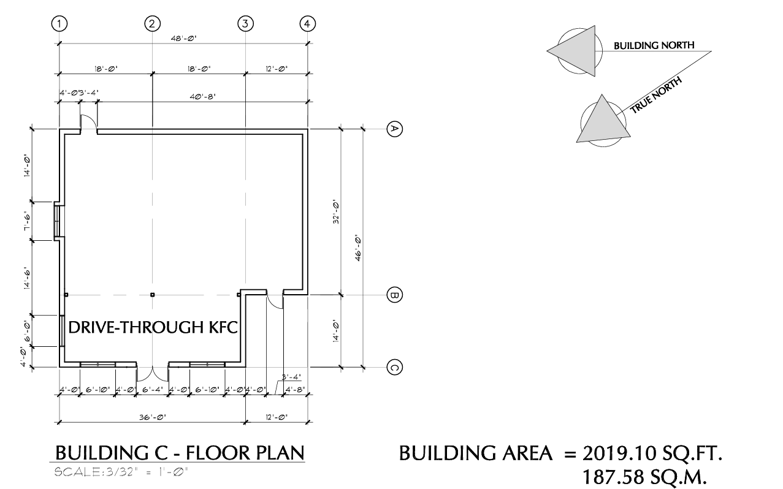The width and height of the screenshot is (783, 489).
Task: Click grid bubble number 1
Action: click(59, 24)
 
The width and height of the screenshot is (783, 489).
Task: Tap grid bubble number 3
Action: click(245, 24)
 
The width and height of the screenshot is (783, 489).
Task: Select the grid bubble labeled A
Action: click(395, 129)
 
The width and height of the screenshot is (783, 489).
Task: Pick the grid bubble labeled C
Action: click(395, 368)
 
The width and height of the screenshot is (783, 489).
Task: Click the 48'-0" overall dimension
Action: click(183, 38)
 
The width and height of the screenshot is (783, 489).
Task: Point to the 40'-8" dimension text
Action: click(202, 96)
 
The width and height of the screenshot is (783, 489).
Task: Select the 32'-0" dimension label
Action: click(336, 212)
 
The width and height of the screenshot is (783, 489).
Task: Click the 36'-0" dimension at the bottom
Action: click(153, 417)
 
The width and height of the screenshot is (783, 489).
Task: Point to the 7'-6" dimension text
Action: click(27, 221)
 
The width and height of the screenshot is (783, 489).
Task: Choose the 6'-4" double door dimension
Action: click(153, 390)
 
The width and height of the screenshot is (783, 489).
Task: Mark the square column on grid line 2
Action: click(153, 295)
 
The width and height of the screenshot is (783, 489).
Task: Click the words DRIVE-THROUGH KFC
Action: click(153, 327)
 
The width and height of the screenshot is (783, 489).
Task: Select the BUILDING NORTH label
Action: click(654, 45)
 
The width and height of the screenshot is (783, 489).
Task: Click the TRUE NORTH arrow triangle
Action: click(603, 121)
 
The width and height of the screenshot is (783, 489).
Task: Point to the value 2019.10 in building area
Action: click(619, 453)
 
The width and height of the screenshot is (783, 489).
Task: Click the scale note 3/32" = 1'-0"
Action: click(121, 472)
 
